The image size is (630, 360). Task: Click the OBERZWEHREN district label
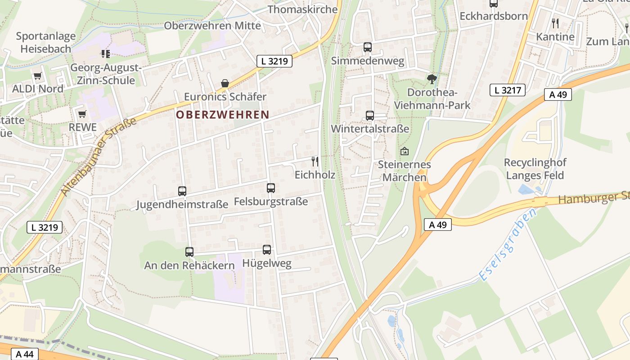(x=222, y=115)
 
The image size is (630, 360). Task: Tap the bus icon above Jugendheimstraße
(x=182, y=191)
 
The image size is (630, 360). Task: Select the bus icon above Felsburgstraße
(x=271, y=188)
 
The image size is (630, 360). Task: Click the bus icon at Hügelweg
(x=267, y=250)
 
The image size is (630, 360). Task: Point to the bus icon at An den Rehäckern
(x=189, y=252)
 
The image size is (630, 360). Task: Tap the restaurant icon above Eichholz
(x=315, y=161)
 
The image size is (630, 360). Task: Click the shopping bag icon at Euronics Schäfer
(x=225, y=83)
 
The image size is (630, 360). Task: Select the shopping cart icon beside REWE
(x=82, y=114)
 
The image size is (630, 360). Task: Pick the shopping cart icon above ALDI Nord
(x=37, y=76)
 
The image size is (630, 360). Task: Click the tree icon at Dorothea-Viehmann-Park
(x=432, y=79)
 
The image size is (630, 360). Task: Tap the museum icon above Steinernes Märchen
(x=404, y=151)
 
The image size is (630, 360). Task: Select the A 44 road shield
(x=24, y=354)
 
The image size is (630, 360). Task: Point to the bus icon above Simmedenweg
(x=368, y=47)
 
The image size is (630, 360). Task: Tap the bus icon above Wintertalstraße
(x=370, y=116)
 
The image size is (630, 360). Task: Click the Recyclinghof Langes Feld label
(x=535, y=169)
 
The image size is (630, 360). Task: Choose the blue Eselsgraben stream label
(x=508, y=245)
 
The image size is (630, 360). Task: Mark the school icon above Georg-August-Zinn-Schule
(x=106, y=54)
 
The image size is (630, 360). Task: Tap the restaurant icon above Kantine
(x=555, y=23)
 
